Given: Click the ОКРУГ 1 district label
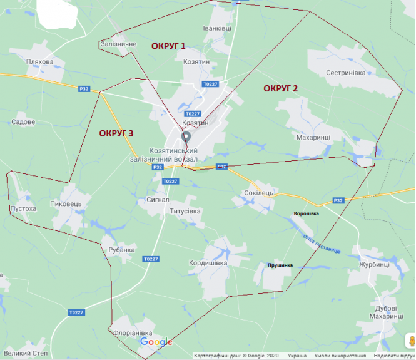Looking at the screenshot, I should (168, 46).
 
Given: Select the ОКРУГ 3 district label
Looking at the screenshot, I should (116, 133).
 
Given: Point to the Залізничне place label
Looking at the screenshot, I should (118, 44).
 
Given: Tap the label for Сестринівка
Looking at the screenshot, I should (345, 73).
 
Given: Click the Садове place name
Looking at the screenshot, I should (23, 122).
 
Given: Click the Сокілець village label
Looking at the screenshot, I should (258, 193).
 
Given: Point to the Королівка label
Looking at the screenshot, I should (306, 214).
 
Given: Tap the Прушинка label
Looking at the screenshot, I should (280, 265).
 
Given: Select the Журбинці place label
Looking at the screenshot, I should (374, 264).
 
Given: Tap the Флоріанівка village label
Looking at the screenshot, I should (133, 332).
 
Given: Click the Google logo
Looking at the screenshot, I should (156, 342).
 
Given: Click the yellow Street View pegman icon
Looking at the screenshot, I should (411, 341).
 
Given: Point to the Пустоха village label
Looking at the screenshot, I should (24, 208).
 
